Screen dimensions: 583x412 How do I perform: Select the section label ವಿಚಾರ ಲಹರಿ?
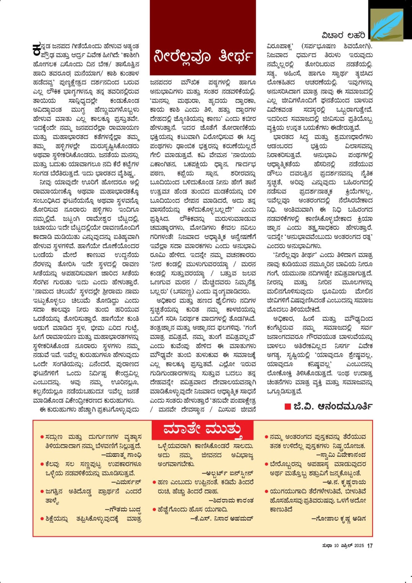[343, 36]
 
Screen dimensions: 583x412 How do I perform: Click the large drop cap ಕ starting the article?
[37, 49]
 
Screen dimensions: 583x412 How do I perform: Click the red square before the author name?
[288, 406]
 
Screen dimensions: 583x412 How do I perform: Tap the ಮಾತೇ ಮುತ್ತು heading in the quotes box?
[202, 429]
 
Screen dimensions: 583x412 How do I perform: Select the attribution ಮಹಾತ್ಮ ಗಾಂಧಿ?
[122, 455]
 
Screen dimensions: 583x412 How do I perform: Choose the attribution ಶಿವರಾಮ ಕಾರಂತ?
[231, 500]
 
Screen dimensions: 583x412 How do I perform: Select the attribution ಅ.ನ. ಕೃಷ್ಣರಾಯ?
[344, 482]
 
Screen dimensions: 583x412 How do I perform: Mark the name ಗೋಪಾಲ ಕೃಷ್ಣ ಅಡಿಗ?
[339, 519]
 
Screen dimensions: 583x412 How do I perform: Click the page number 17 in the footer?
[370, 546]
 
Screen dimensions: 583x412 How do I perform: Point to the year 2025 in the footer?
[359, 546]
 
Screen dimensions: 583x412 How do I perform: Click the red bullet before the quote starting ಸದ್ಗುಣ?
[42, 437]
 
